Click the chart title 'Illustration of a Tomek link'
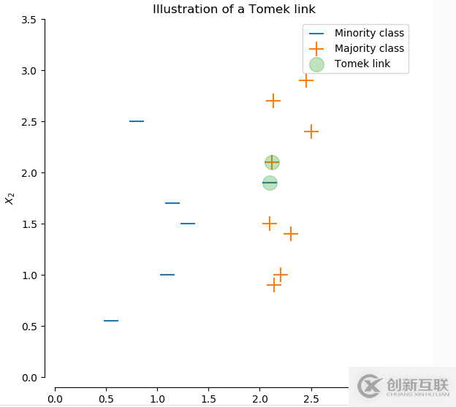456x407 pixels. click(234, 9)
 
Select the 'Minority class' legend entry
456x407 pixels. click(369, 33)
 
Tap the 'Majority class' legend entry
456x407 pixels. click(369, 48)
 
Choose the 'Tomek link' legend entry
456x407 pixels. click(362, 64)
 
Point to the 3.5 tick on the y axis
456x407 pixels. click(28, 20)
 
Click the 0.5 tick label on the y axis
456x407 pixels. click(28, 327)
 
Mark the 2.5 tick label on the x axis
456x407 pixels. click(311, 398)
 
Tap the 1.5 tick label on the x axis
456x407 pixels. click(208, 398)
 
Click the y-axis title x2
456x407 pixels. click(9, 198)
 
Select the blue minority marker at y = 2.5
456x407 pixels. click(137, 121)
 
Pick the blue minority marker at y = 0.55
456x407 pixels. click(111, 321)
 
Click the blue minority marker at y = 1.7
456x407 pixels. click(172, 203)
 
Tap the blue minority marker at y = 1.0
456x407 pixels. click(167, 275)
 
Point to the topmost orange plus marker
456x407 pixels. click(306, 80)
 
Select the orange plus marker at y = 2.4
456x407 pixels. click(311, 132)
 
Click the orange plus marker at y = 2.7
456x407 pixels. click(273, 101)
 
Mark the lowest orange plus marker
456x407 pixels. click(274, 285)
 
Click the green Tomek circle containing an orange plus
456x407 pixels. click(272, 162)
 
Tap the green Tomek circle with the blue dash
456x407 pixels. click(270, 183)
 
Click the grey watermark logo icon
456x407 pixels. click(369, 385)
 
